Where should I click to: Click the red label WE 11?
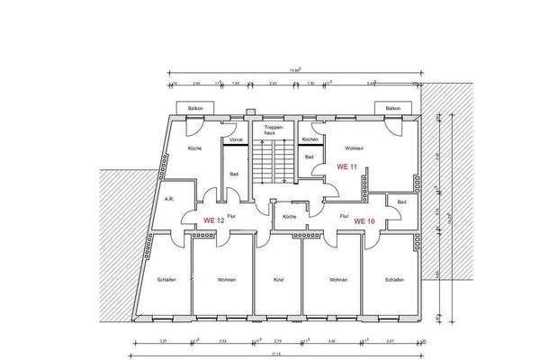347,166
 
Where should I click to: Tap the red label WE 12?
213,220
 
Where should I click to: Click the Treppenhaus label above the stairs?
274,131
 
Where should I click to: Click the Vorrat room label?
237,139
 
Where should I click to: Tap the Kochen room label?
310,139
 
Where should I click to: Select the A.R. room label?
168,199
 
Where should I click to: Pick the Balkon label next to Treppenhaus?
194,108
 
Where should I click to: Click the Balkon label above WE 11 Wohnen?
392,108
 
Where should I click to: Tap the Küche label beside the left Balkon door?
194,148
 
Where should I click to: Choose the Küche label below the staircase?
289,217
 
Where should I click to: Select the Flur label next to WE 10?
344,217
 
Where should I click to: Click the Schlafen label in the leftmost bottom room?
165,280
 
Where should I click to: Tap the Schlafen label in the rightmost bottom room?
393,280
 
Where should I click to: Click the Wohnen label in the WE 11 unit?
355,148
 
